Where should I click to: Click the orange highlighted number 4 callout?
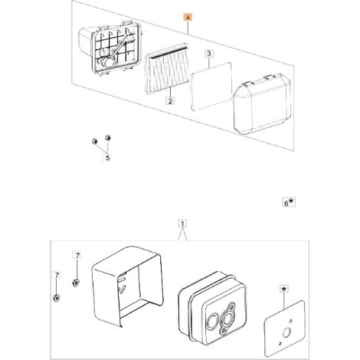[188, 18]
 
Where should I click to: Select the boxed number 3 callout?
[209, 54]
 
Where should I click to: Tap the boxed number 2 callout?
[170, 101]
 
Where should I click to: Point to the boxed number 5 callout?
[107, 158]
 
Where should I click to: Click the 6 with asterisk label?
[289, 203]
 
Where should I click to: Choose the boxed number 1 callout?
[182, 224]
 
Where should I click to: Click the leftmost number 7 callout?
[57, 275]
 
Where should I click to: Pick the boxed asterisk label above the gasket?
[284, 290]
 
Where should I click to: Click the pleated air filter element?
[166, 68]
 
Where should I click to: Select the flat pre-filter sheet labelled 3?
[211, 87]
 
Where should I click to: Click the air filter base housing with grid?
[111, 48]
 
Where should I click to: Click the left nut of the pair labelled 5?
[94, 141]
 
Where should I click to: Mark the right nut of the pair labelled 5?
[108, 138]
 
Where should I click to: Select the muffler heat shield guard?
[128, 286]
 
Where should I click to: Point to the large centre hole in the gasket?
[286, 332]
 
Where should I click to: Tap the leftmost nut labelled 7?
[57, 298]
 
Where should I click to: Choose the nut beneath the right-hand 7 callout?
[76, 283]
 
